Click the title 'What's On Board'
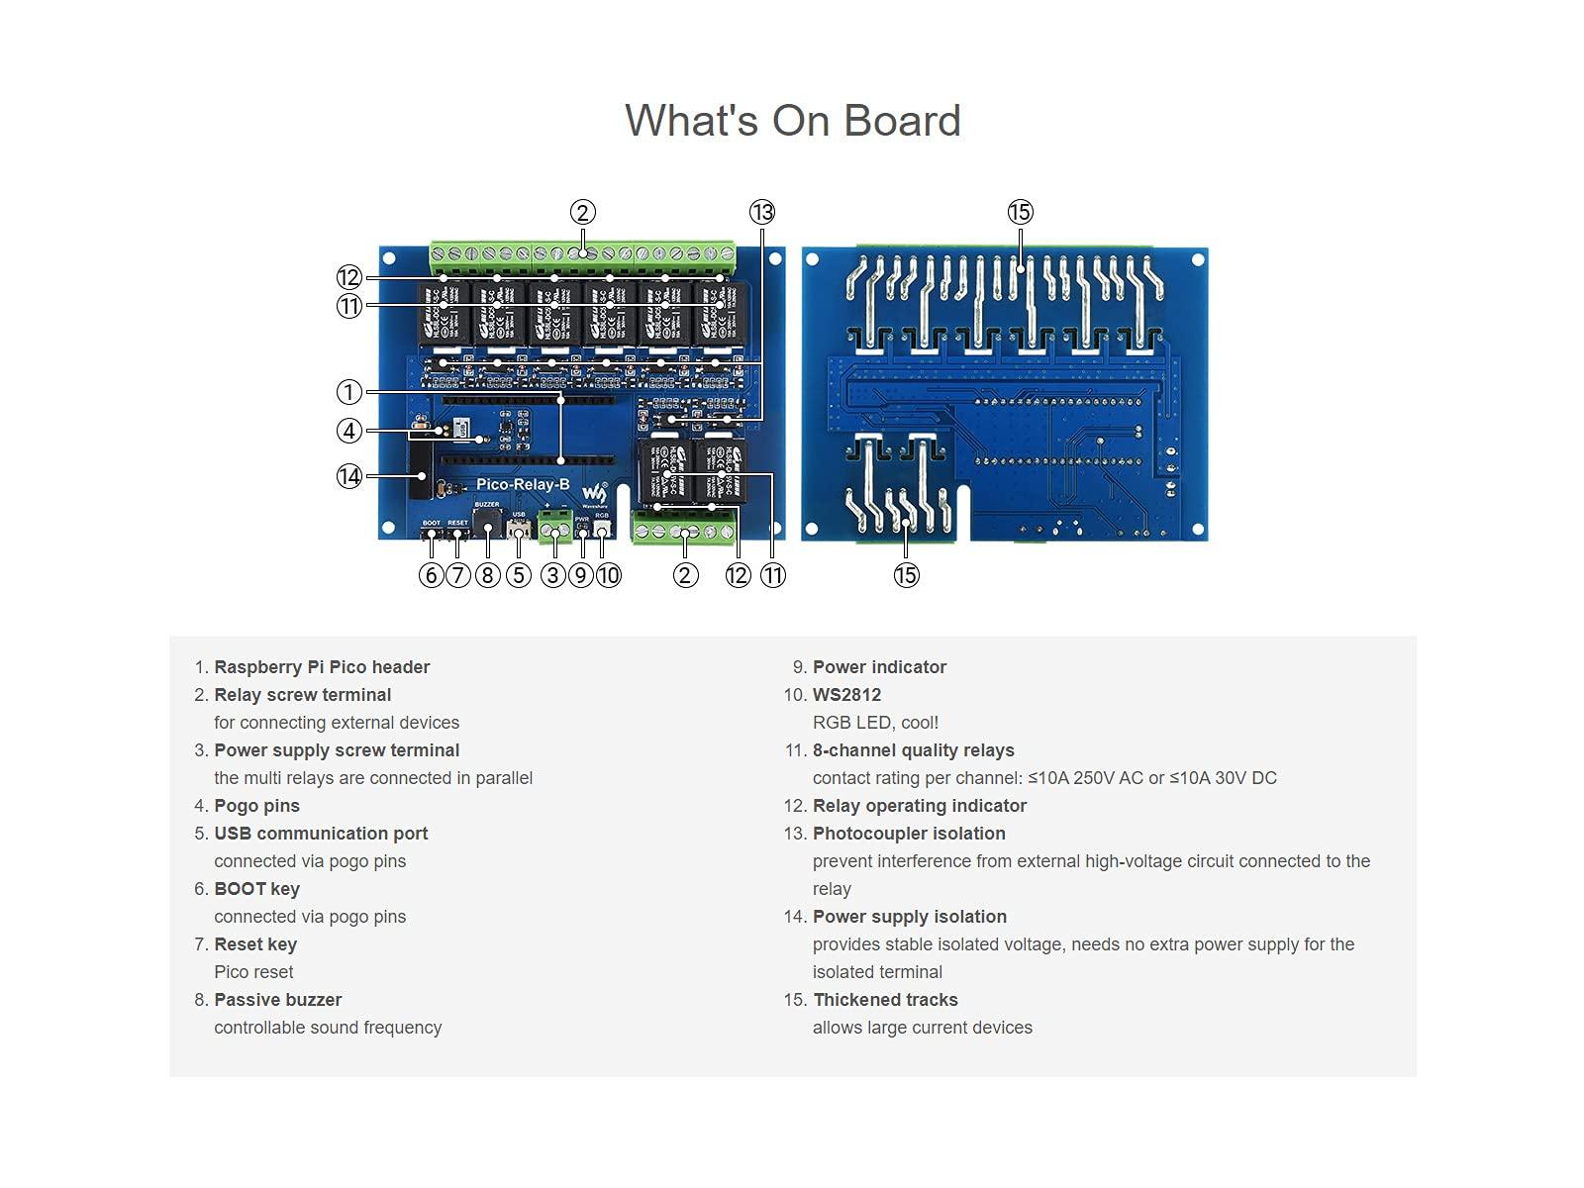click(792, 121)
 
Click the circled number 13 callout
click(761, 212)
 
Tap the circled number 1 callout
click(348, 392)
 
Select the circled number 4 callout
click(348, 431)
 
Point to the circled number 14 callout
click(348, 476)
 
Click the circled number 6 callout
click(431, 575)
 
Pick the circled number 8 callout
click(487, 575)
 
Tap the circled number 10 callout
click(608, 575)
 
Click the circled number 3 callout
click(552, 575)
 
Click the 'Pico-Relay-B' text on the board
click(523, 484)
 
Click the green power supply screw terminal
click(554, 526)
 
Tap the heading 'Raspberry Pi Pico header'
click(322, 667)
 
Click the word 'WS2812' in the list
click(846, 695)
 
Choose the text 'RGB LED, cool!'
click(875, 723)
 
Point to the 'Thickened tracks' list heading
click(885, 1000)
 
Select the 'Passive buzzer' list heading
click(277, 1000)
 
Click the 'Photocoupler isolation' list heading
click(909, 834)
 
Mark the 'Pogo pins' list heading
click(256, 806)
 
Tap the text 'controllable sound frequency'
click(328, 1028)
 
